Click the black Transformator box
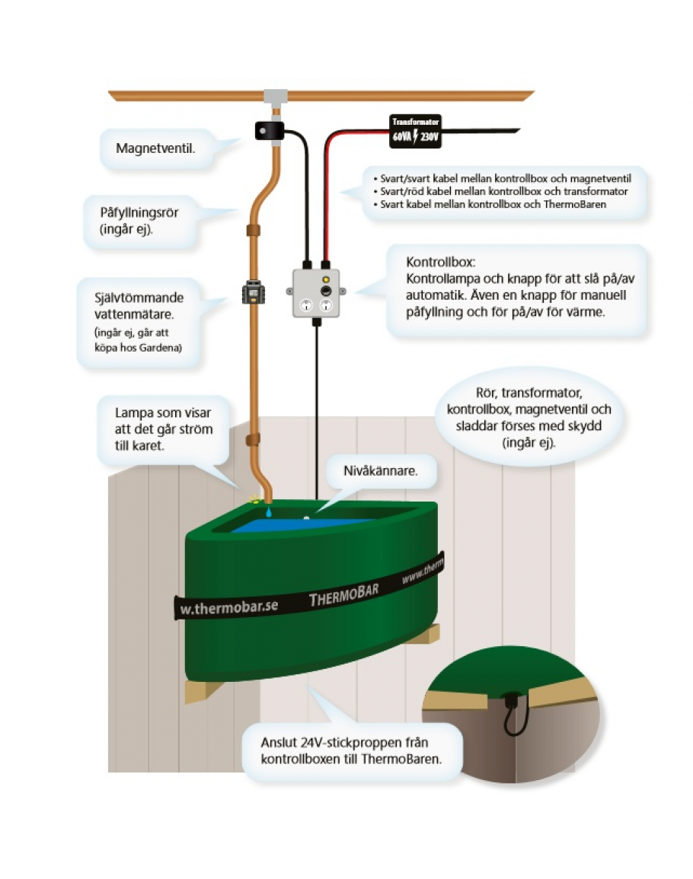click(415, 131)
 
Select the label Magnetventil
click(155, 147)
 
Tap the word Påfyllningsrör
click(139, 212)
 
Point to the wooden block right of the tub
click(423, 632)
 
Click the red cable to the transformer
click(328, 198)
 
